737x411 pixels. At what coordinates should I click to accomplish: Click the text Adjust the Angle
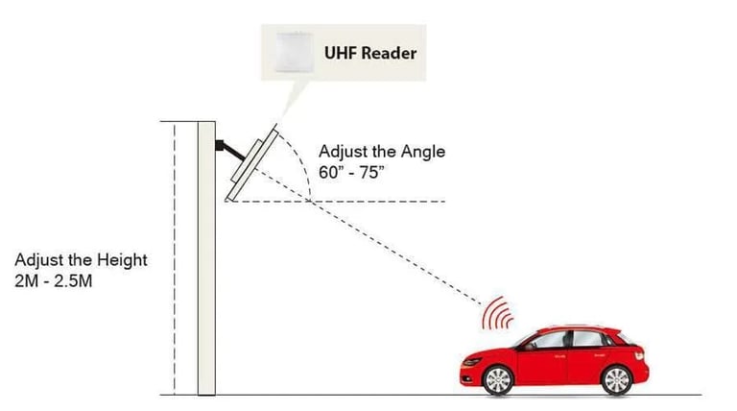pyautogui.click(x=381, y=153)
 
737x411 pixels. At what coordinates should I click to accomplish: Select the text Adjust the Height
pyautogui.click(x=81, y=261)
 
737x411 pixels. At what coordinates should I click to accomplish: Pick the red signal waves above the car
pyautogui.click(x=499, y=313)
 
